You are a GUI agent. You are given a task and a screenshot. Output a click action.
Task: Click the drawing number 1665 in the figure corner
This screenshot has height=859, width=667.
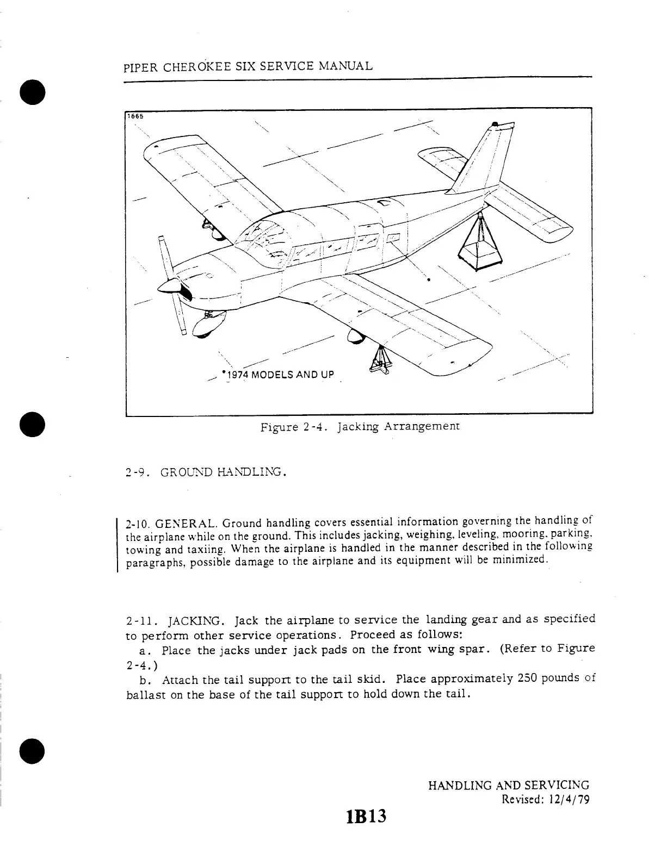(134, 115)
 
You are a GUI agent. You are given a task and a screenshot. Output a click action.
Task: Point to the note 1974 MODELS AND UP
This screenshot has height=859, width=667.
(279, 375)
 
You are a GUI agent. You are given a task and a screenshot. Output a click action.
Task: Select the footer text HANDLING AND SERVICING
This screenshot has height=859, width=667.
(509, 786)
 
